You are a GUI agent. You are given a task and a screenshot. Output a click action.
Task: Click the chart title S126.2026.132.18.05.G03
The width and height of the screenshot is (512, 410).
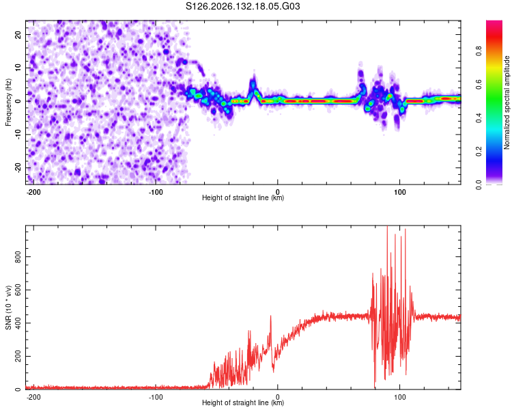tap(242, 6)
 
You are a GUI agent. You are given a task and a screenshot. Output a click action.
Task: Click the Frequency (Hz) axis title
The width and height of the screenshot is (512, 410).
tap(8, 102)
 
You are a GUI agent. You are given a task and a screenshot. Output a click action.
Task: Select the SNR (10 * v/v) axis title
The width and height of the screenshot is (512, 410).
tap(8, 307)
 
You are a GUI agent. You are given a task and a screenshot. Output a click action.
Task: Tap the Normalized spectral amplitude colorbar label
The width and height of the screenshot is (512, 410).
tap(507, 102)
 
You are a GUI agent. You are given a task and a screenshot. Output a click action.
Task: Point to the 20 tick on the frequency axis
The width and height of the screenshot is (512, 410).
tap(18, 34)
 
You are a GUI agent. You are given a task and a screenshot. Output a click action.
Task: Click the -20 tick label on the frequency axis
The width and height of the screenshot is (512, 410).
tap(18, 167)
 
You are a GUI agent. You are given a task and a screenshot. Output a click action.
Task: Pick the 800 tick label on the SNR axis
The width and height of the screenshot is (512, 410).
tap(18, 257)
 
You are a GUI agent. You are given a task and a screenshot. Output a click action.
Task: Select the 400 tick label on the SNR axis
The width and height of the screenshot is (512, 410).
tap(18, 323)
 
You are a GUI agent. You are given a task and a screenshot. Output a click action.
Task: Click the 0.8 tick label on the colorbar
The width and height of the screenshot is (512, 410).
tap(479, 51)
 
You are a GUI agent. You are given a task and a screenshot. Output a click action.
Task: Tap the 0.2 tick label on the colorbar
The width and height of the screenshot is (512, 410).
tap(479, 152)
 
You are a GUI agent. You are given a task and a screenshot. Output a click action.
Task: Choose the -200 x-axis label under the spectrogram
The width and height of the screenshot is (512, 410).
tap(33, 192)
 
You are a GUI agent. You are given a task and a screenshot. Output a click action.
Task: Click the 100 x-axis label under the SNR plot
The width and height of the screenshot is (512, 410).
tap(399, 397)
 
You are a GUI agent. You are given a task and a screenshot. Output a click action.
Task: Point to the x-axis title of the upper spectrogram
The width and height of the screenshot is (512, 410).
tap(243, 197)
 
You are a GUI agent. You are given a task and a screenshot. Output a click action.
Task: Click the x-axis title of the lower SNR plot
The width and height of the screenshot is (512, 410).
tap(243, 402)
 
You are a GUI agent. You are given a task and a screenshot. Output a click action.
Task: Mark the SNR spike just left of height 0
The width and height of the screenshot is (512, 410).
tap(271, 316)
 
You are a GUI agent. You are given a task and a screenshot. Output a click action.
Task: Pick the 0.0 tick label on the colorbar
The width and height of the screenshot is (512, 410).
tap(479, 185)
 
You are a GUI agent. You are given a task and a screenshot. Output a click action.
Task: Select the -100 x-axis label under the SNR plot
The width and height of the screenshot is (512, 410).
tap(156, 397)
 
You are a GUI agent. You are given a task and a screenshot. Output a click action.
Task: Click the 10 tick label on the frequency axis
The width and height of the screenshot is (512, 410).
tap(18, 68)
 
